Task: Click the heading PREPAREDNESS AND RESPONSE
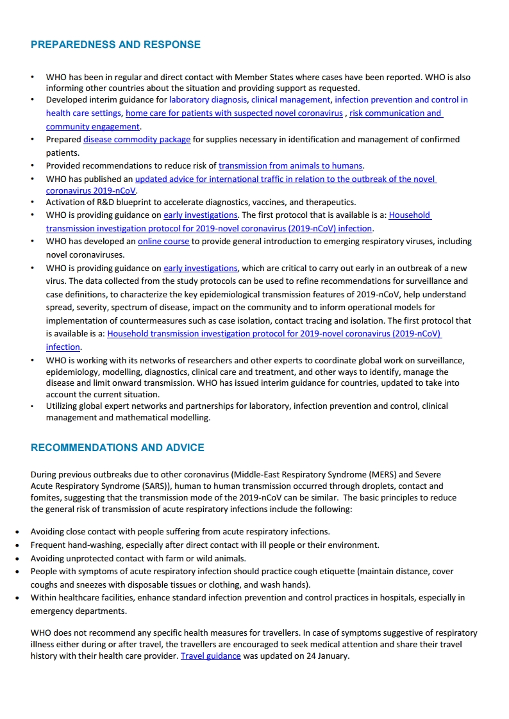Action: pyautogui.click(x=115, y=45)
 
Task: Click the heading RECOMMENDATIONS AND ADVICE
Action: pyautogui.click(x=117, y=447)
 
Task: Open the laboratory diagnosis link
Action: pyautogui.click(x=208, y=100)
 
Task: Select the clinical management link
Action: pyautogui.click(x=291, y=100)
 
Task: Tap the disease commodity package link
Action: pyautogui.click(x=137, y=140)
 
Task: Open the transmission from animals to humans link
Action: pyautogui.click(x=290, y=166)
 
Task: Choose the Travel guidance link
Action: pyautogui.click(x=210, y=656)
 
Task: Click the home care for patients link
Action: pyautogui.click(x=234, y=113)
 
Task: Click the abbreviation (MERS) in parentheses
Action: pyautogui.click(x=387, y=475)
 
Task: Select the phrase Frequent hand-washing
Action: pyautogui.click(x=75, y=545)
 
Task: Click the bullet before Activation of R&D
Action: pyautogui.click(x=33, y=202)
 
